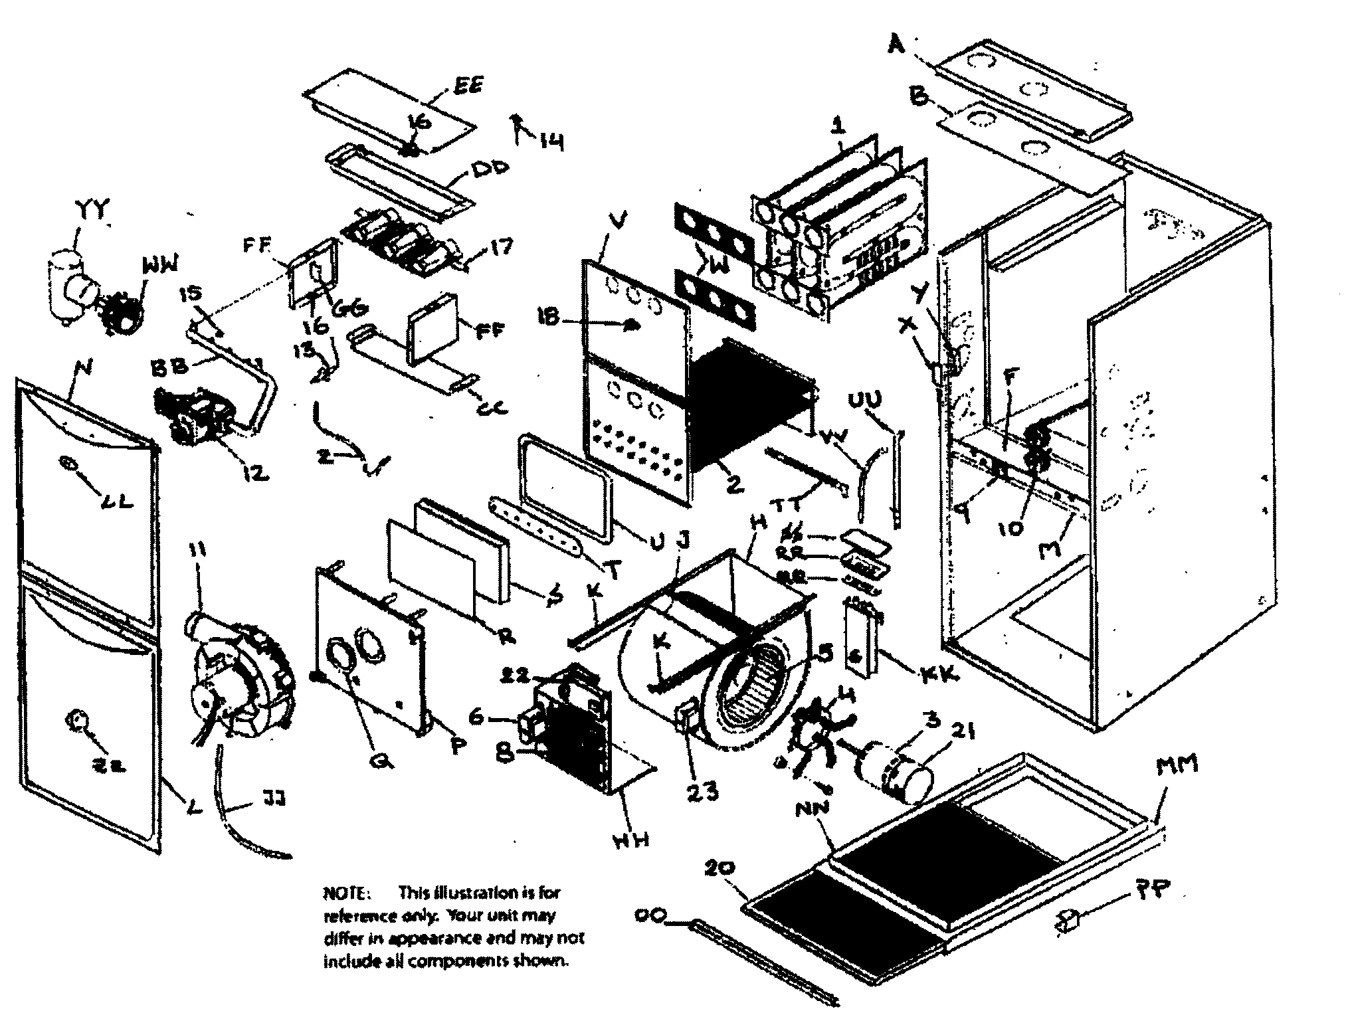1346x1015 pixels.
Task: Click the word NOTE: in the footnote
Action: [x=343, y=892]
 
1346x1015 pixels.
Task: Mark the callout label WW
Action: [x=159, y=266]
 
